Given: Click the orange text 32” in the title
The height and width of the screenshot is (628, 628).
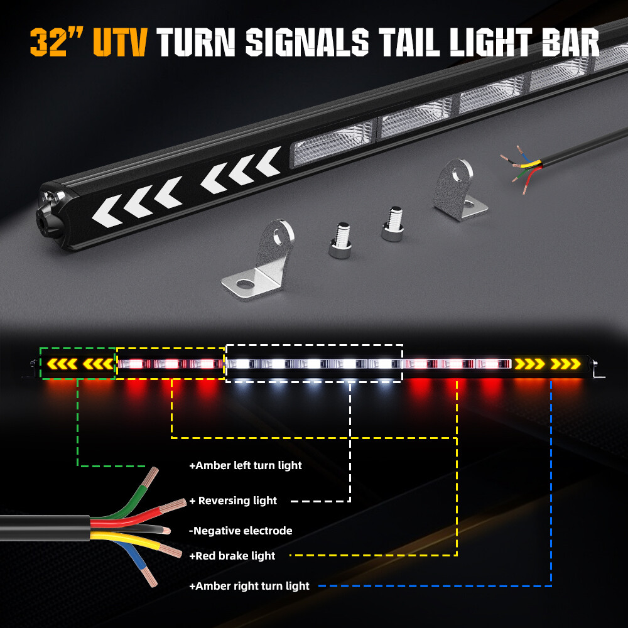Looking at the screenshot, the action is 57,42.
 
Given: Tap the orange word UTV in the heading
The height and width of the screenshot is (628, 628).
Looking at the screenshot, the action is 120,42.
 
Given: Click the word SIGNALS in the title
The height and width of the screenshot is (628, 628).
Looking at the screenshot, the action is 307,42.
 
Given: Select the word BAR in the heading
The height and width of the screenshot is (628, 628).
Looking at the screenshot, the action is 570,42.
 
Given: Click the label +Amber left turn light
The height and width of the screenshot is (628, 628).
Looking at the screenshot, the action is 246,465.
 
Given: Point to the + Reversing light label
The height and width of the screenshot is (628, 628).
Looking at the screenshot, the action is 233,501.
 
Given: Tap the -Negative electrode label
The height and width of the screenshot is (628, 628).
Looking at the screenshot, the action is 241,531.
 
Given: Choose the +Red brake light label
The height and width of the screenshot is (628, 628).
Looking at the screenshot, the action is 232,556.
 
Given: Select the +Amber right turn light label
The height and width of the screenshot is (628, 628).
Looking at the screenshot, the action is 249,586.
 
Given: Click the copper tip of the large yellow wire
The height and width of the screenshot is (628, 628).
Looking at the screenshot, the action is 171,551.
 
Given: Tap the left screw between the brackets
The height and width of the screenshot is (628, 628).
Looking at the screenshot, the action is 341,241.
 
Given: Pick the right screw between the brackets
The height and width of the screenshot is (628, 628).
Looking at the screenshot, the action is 393,224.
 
